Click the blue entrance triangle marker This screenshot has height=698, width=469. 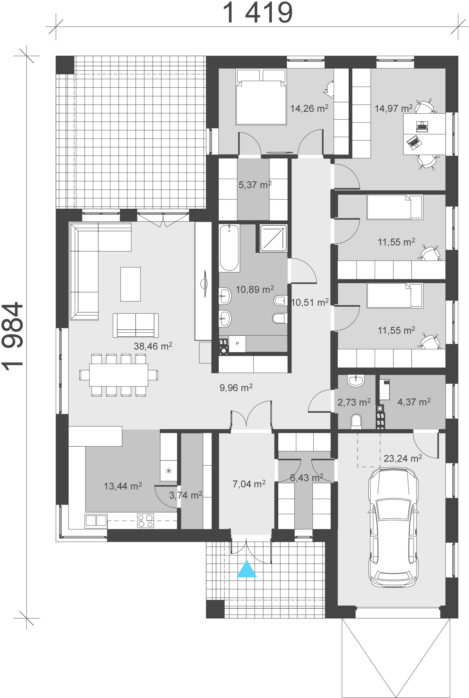pyautogui.click(x=247, y=569)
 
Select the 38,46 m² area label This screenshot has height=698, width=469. pyautogui.click(x=153, y=346)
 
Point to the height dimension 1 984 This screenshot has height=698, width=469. pyautogui.click(x=13, y=336)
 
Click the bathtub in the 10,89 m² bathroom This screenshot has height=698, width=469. pyautogui.click(x=229, y=248)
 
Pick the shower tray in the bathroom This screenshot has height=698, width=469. pyautogui.click(x=273, y=238)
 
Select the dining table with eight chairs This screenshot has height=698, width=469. pyautogui.click(x=119, y=375)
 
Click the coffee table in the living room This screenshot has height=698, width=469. pyautogui.click(x=131, y=284)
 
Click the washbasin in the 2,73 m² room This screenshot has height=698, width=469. pyautogui.click(x=355, y=381)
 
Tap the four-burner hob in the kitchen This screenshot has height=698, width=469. pyautogui.click(x=146, y=520)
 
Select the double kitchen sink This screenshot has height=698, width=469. pyautogui.click(x=96, y=520)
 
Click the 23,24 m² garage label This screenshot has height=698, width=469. pyautogui.click(x=403, y=458)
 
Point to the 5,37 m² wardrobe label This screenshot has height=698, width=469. pyautogui.click(x=255, y=185)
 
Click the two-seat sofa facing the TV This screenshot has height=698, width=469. pyautogui.click(x=136, y=325)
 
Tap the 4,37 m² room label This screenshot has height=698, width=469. pyautogui.click(x=414, y=402)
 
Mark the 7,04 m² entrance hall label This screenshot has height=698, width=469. pyautogui.click(x=249, y=484)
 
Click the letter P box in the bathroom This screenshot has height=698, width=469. pyautogui.click(x=237, y=344)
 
